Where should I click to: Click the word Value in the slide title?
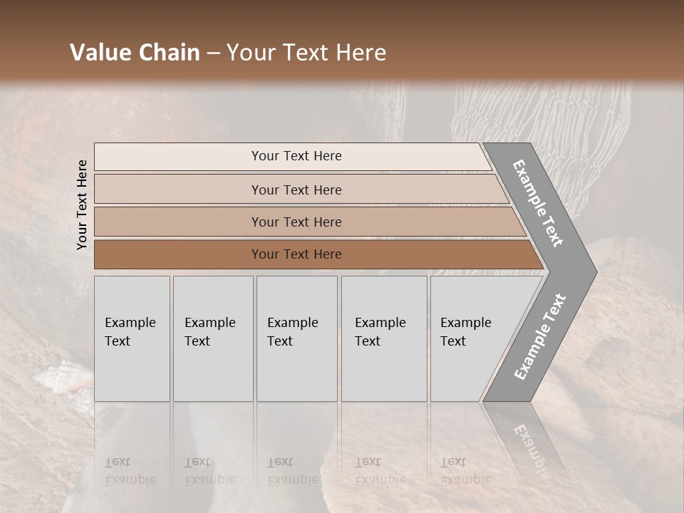[x=99, y=53]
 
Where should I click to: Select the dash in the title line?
[x=213, y=53]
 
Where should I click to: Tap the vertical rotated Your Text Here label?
[x=82, y=204]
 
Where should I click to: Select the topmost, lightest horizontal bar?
[x=292, y=156]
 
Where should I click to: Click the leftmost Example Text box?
[x=132, y=338]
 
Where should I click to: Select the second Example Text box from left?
[x=212, y=338]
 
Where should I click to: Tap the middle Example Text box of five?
[x=296, y=338]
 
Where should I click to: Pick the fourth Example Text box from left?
[x=383, y=338]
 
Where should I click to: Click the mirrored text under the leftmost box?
[x=130, y=471]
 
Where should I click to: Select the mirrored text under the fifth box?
[x=465, y=471]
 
